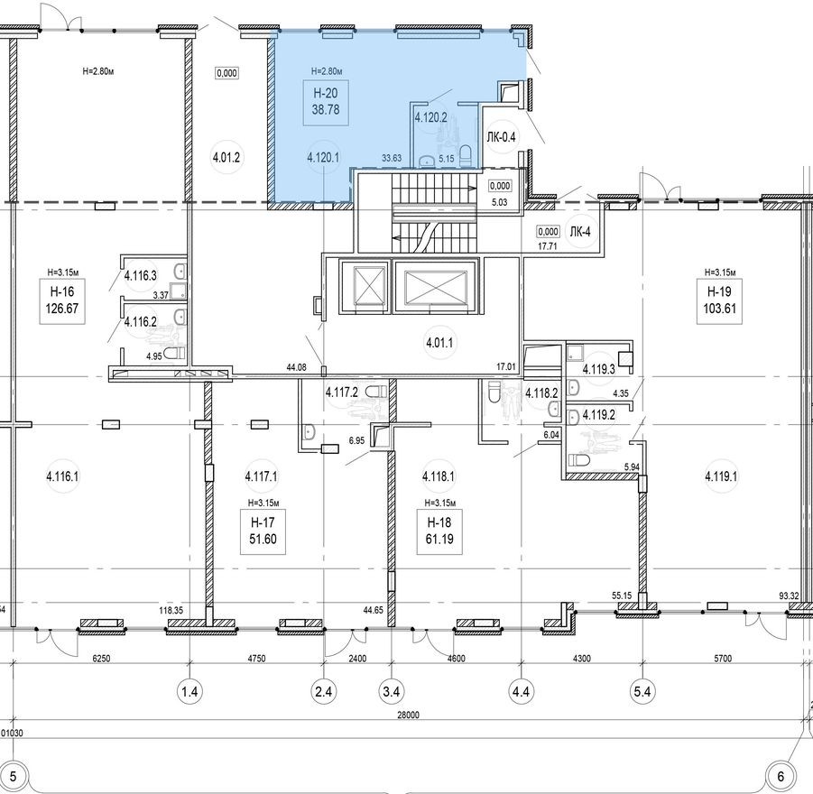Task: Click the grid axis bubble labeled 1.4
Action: (x=189, y=692)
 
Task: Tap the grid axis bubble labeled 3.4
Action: (x=391, y=692)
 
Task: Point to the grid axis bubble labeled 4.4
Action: (x=522, y=692)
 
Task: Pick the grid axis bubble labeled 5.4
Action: (x=642, y=692)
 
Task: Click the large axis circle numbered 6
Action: (x=782, y=775)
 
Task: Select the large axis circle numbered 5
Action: (x=14, y=775)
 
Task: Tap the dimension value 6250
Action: (x=101, y=659)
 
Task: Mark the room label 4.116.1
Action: (x=63, y=475)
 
